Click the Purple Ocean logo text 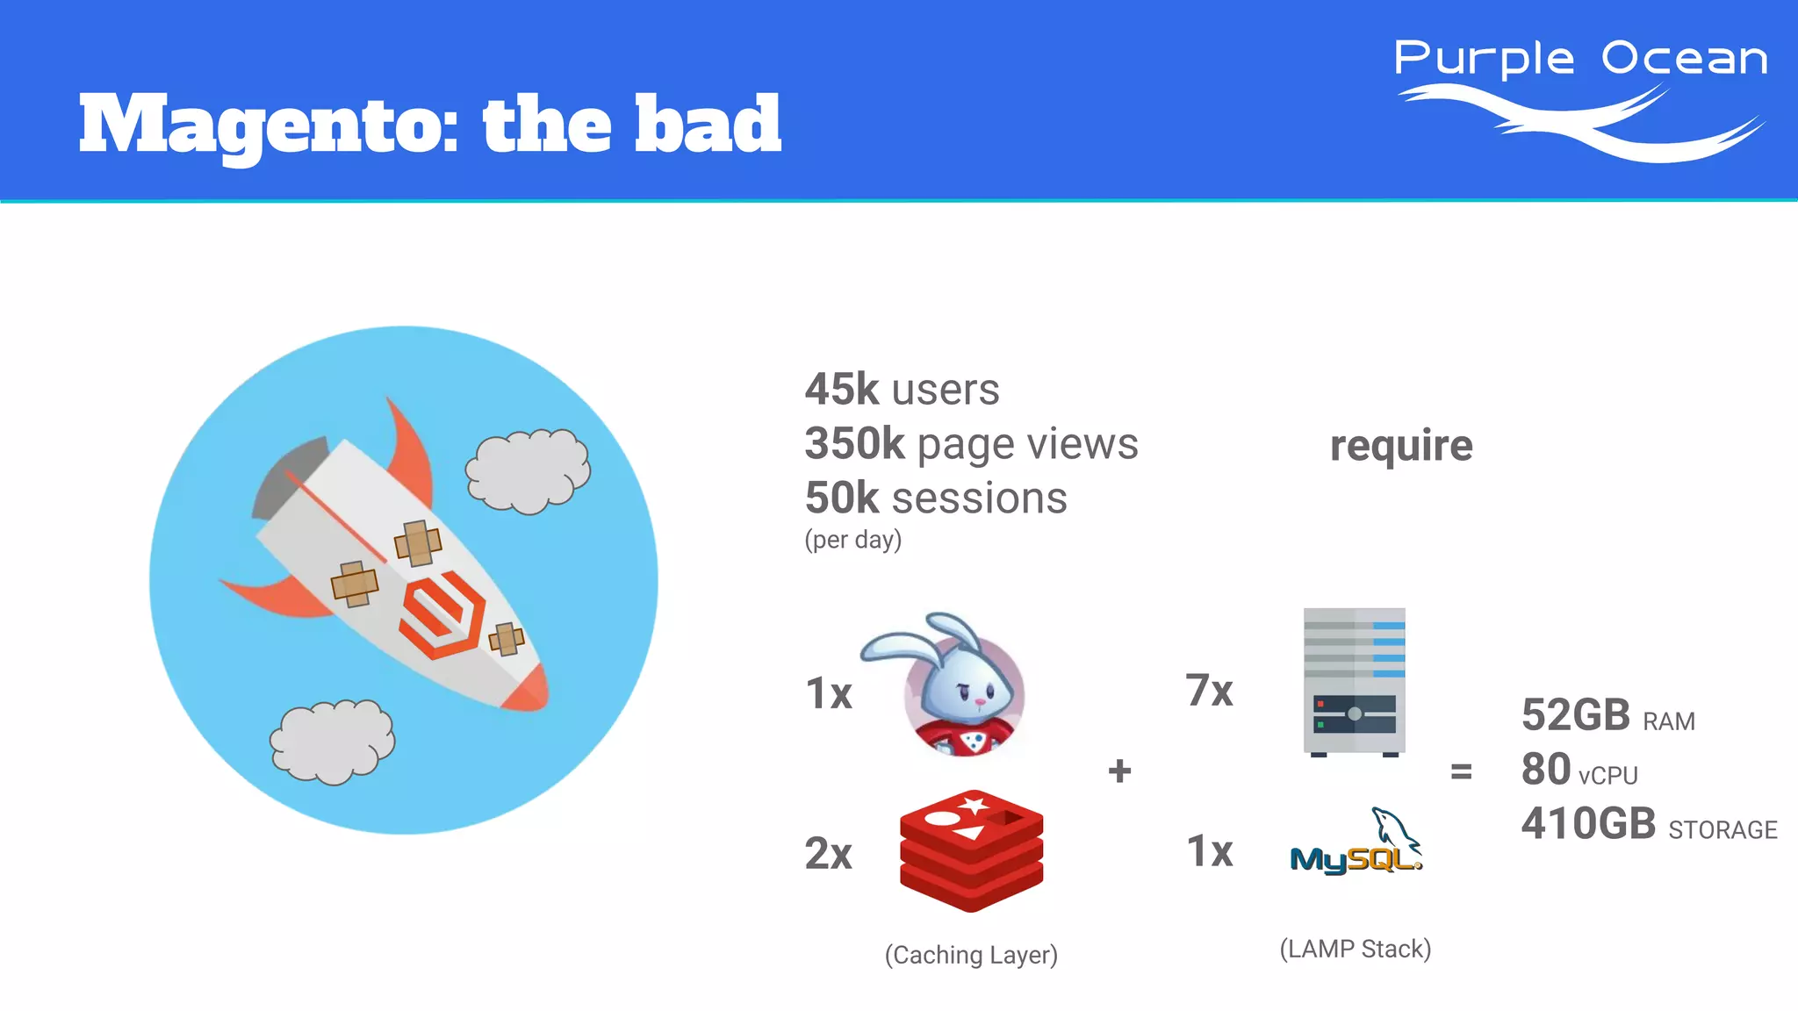[x=1580, y=60]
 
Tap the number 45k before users [x=841, y=389]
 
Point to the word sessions [x=979, y=498]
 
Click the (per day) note [x=852, y=539]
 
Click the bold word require [x=1400, y=446]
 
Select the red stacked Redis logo [x=971, y=850]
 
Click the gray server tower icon [x=1354, y=681]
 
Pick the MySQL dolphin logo [x=1356, y=843]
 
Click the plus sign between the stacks [x=1119, y=771]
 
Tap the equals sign [x=1461, y=771]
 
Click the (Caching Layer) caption [x=971, y=955]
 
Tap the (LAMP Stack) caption [x=1355, y=949]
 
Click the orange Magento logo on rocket [x=442, y=615]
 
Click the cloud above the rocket [x=527, y=470]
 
